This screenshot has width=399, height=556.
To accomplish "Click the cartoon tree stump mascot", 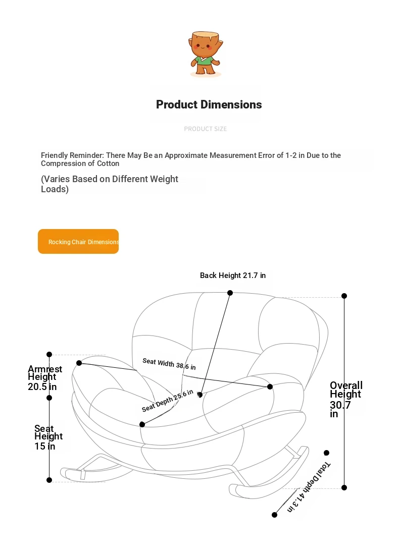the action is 206,53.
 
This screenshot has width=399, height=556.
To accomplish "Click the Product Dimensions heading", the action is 209,104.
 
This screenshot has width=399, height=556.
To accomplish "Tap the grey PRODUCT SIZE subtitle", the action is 205,129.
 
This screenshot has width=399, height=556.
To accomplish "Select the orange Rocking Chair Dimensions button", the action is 78,242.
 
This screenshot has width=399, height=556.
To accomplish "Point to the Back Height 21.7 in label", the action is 232,275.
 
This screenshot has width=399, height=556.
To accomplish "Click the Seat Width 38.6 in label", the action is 169,364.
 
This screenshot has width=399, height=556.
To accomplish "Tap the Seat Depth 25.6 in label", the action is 167,401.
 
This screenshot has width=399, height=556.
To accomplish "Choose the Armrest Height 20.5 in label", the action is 45,378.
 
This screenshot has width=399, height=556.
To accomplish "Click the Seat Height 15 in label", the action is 48,437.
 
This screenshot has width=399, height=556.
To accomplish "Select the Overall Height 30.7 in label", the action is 346,400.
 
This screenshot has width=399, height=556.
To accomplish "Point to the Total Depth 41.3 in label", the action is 309,487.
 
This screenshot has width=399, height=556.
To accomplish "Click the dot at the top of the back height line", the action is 230,293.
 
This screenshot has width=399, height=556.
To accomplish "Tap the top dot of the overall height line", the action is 344,296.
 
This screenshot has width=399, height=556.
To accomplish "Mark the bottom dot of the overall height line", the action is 344,487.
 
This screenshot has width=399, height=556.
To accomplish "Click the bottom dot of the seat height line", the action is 49,480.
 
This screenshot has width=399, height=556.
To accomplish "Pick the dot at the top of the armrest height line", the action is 49,355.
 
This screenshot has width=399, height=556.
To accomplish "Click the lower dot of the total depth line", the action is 274,515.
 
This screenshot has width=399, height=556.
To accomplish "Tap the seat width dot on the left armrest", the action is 79,363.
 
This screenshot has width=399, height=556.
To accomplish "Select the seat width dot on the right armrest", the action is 270,386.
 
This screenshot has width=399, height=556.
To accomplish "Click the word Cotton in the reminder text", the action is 108,163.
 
